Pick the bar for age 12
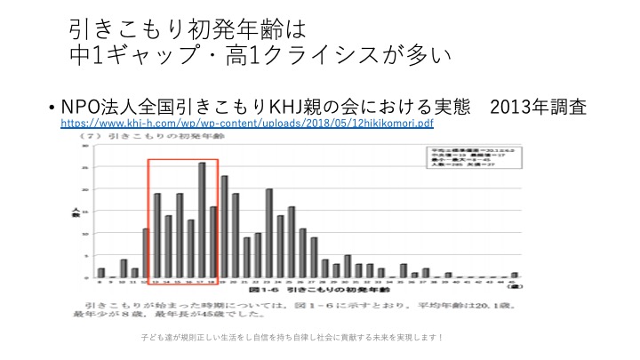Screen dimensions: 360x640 click(x=146, y=253)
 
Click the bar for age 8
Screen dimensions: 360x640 click(x=101, y=273)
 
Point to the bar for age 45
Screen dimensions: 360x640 click(x=514, y=275)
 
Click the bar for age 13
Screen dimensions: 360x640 click(x=157, y=236)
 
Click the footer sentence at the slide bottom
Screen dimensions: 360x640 click(x=292, y=339)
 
